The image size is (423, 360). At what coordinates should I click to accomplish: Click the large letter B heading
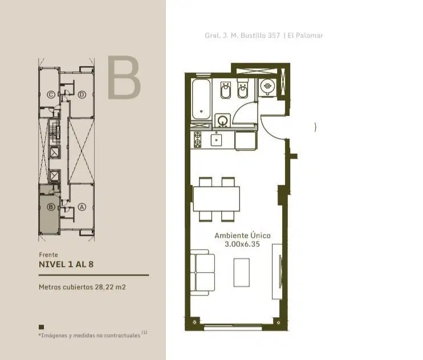(124, 78)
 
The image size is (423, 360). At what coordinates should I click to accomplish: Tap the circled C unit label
(51, 95)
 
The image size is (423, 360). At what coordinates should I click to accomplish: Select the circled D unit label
(82, 95)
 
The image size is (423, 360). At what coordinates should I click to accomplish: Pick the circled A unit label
(82, 207)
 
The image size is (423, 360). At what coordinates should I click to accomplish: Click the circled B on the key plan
(51, 207)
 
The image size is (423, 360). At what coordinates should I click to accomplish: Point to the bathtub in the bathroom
(201, 99)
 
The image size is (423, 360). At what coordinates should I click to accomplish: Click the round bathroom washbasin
(222, 120)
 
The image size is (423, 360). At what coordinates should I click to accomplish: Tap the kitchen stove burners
(197, 140)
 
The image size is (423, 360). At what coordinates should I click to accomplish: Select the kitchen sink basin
(217, 140)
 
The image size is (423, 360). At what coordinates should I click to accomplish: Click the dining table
(217, 199)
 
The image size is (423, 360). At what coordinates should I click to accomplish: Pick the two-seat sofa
(202, 272)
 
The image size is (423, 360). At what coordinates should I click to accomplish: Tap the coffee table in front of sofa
(242, 273)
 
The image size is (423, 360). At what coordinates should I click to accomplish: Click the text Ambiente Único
(242, 236)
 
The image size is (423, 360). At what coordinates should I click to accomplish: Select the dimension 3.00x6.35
(242, 244)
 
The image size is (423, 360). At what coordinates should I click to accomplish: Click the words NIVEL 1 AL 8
(66, 264)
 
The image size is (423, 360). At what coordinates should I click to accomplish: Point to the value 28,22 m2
(110, 287)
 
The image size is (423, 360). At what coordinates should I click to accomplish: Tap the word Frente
(48, 254)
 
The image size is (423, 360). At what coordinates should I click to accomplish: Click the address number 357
(274, 35)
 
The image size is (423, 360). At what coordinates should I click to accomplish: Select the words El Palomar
(305, 35)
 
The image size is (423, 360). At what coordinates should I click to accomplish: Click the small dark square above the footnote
(41, 327)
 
